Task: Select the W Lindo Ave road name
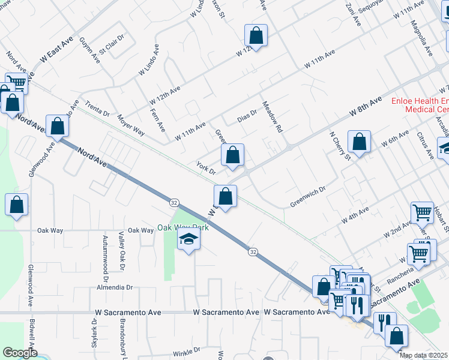click(x=148, y=59)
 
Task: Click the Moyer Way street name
click(x=131, y=124)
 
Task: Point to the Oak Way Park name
click(x=183, y=227)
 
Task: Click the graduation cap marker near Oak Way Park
click(x=188, y=241)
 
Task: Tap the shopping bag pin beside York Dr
click(x=232, y=155)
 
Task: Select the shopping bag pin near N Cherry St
click(x=359, y=143)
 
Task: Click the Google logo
click(x=19, y=353)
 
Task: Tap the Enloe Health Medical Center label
click(x=420, y=106)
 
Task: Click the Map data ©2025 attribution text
click(x=423, y=355)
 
